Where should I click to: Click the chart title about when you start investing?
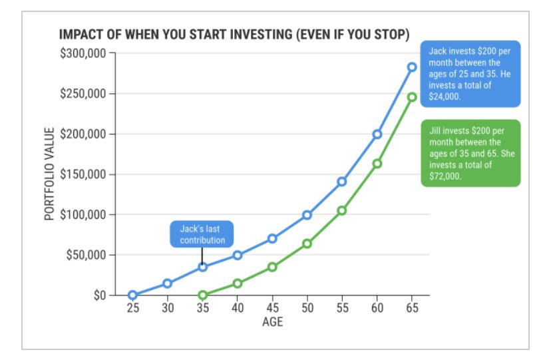point(234,34)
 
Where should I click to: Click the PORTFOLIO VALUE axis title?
point(49,174)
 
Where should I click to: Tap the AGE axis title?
point(272,322)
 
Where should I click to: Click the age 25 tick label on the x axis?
point(132,308)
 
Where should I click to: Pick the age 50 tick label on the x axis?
point(307,308)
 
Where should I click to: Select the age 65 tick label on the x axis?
point(412,308)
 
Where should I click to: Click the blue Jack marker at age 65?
point(412,67)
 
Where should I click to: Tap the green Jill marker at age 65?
point(412,97)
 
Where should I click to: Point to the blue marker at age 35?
point(202,267)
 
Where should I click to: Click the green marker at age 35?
point(202,295)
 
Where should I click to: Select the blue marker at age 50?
point(307,215)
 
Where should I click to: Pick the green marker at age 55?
point(342,210)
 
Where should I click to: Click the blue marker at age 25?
point(132,295)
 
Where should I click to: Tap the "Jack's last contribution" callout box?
point(202,234)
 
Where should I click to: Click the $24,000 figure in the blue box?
point(445,96)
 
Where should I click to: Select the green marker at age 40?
point(237,283)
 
